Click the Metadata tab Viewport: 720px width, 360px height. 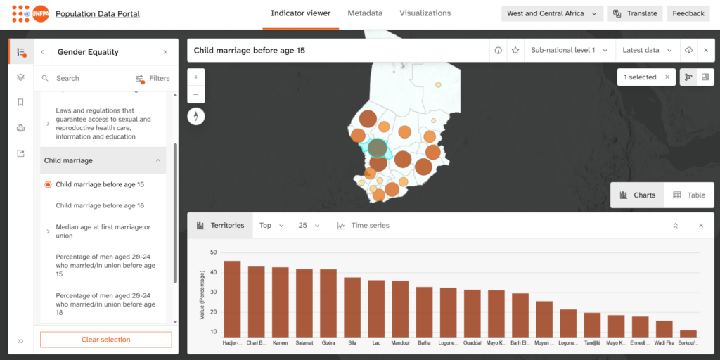coord(365,13)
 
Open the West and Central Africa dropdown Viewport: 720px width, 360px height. coord(552,14)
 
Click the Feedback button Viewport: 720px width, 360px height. coord(688,14)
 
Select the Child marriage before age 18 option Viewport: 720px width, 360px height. coord(100,206)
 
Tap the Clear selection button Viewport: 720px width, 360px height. coord(106,340)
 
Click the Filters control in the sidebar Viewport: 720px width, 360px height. coord(153,79)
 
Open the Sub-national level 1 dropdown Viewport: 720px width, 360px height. coord(569,50)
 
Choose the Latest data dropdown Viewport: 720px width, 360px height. coord(647,50)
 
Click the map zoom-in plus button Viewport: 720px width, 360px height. coord(196,77)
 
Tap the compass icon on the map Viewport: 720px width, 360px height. coord(196,116)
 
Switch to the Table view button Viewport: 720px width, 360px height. coord(688,195)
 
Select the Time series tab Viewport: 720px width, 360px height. coord(364,226)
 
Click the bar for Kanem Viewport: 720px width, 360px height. coord(280,302)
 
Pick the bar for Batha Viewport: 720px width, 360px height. coord(424,311)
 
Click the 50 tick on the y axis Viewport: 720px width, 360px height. coord(213,252)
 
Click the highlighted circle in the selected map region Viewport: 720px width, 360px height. coord(378,148)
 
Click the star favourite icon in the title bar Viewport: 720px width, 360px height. coord(515,51)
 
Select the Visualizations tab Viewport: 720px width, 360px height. coord(425,13)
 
